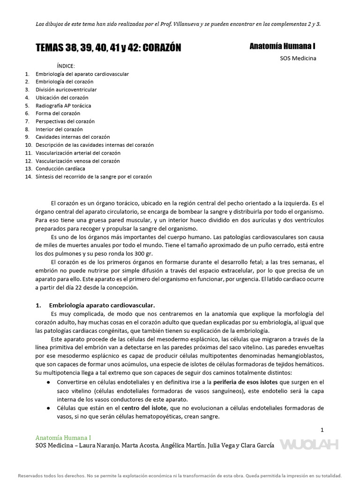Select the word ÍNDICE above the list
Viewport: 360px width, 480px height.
point(66,66)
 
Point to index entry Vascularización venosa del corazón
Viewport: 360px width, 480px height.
point(78,161)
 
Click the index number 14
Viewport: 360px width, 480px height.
point(29,177)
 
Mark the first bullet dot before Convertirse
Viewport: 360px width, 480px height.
point(49,382)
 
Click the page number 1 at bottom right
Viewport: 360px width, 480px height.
point(322,429)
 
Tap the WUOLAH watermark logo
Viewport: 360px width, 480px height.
point(309,444)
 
